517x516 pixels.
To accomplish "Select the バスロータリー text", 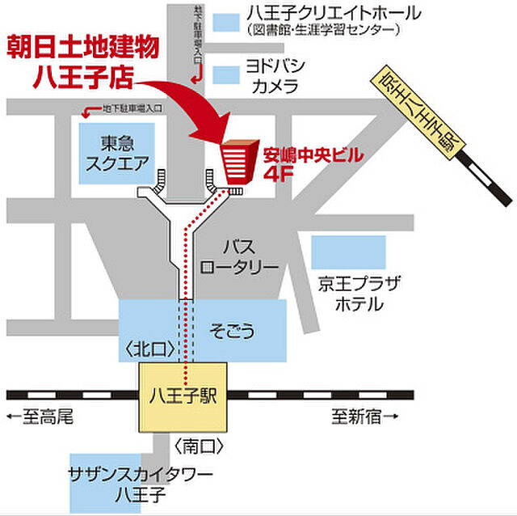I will (x=239, y=256).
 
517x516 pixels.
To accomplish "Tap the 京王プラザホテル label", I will (x=356, y=293).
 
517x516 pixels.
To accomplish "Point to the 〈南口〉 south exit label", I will (x=198, y=445).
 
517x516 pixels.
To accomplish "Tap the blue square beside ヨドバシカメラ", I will (x=226, y=74).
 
